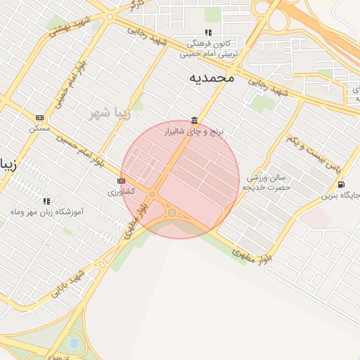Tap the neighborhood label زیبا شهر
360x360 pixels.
(x=111, y=112)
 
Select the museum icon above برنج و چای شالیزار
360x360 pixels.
(x=193, y=120)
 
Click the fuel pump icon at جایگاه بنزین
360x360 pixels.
(x=341, y=184)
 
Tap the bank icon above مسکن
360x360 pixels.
(x=40, y=117)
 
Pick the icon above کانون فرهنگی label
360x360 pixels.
(x=207, y=32)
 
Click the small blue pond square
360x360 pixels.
(x=74, y=343)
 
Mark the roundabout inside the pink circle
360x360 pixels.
(x=172, y=212)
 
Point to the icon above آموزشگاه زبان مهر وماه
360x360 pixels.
(x=46, y=201)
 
